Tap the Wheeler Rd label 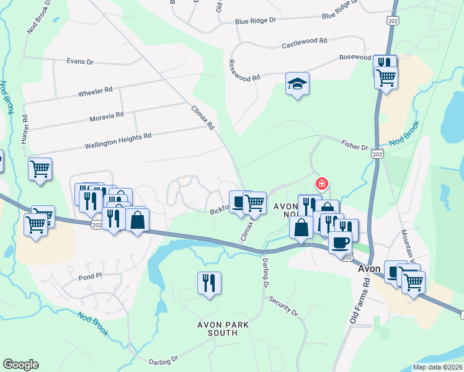(x=95, y=91)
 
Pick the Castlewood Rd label (x=304, y=43)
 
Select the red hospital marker (x=321, y=184)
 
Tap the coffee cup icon (x=339, y=242)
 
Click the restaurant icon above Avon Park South (x=209, y=283)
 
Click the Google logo (x=20, y=365)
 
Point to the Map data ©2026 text (x=437, y=367)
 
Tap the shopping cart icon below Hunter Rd (x=40, y=169)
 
